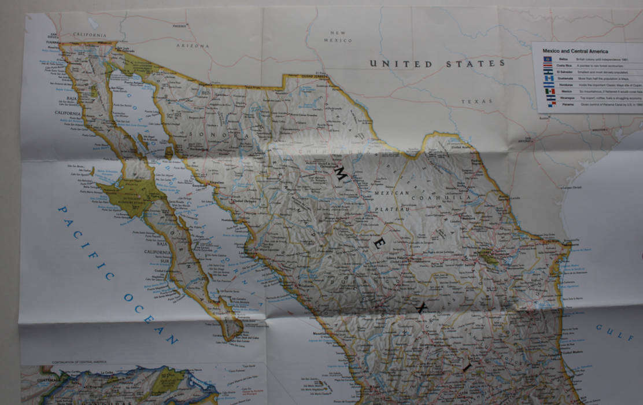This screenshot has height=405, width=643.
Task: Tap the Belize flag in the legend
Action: (x=548, y=60)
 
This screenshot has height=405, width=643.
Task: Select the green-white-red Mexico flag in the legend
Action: (x=549, y=91)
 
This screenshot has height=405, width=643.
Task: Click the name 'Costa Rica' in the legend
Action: (x=564, y=66)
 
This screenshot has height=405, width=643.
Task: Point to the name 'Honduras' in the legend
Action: (x=566, y=85)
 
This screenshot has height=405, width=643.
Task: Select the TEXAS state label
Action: (x=476, y=102)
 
